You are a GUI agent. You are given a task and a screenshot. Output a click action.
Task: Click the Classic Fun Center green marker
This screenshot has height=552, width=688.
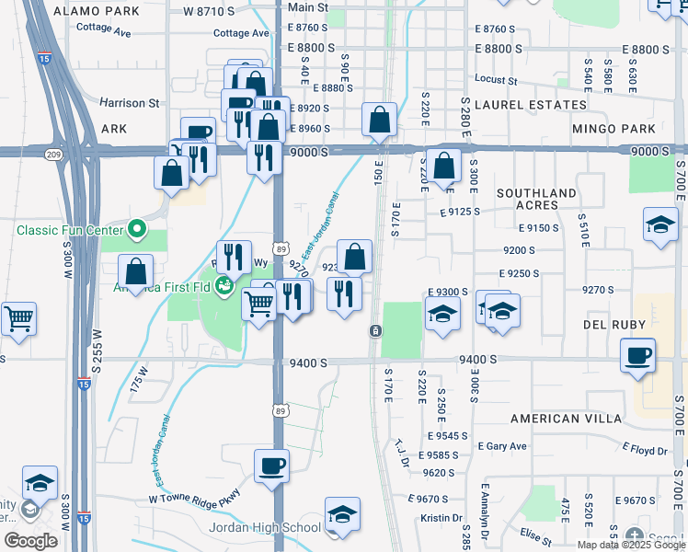pos(138,227)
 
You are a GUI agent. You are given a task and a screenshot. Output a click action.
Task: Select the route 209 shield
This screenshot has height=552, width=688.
pos(55,155)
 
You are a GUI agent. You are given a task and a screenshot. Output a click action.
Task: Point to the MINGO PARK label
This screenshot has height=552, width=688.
pos(613,129)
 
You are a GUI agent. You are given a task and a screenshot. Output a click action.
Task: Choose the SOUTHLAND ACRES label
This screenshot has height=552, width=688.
pos(549,201)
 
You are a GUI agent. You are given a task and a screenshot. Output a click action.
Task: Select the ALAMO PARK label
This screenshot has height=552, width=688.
pos(97,11)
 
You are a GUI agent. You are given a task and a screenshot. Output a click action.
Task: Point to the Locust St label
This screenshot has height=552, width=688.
pos(496,81)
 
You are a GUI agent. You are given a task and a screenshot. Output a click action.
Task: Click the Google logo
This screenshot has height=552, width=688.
pos(31,541)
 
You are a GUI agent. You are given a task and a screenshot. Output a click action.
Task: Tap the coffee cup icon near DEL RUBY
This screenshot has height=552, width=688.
pos(637,354)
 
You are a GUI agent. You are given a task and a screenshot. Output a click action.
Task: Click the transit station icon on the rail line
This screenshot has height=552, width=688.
pos(375,330)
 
